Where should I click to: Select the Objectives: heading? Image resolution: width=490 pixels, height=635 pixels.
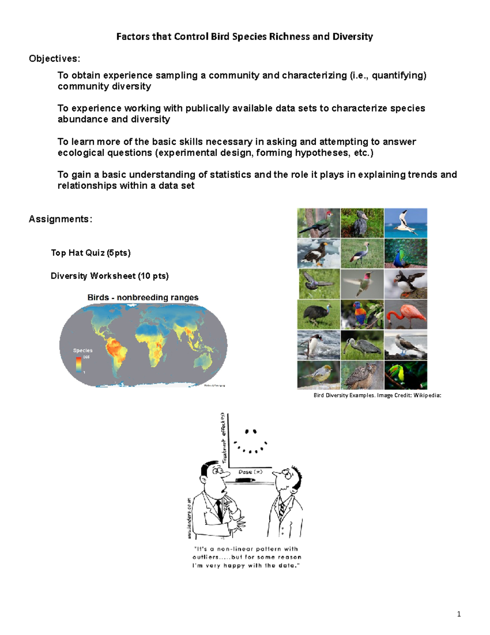click(54, 59)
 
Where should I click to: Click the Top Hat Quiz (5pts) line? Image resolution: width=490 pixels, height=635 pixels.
click(91, 253)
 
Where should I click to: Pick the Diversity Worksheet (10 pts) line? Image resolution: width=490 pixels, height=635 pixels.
click(109, 276)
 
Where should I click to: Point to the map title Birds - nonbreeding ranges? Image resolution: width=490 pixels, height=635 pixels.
click(143, 298)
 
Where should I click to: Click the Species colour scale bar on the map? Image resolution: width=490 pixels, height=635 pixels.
click(78, 364)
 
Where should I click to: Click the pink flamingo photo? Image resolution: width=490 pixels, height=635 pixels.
click(405, 314)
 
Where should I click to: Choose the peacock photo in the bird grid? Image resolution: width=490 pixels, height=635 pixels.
click(405, 254)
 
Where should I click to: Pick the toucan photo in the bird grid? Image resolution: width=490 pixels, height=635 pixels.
click(405, 375)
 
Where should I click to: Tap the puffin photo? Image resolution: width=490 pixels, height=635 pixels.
click(405, 284)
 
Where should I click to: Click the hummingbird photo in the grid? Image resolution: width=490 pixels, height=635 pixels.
click(362, 284)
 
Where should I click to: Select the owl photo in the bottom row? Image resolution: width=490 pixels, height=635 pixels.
click(362, 375)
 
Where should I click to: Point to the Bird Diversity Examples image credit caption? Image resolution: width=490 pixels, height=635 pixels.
click(377, 395)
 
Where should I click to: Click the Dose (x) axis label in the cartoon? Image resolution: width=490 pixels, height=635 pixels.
click(250, 472)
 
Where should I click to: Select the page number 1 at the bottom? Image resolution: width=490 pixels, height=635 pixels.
click(459, 614)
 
